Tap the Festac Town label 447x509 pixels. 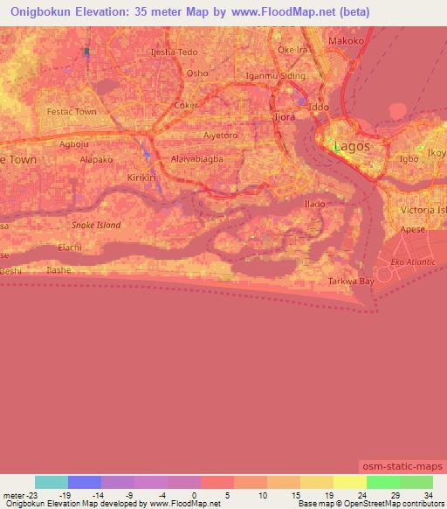[72, 112]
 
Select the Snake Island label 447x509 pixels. [95, 225]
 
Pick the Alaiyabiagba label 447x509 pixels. [197, 160]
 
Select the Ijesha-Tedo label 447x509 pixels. [175, 52]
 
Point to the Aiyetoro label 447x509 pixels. [220, 136]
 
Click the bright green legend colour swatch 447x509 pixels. [382, 482]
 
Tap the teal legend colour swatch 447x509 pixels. [52, 482]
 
